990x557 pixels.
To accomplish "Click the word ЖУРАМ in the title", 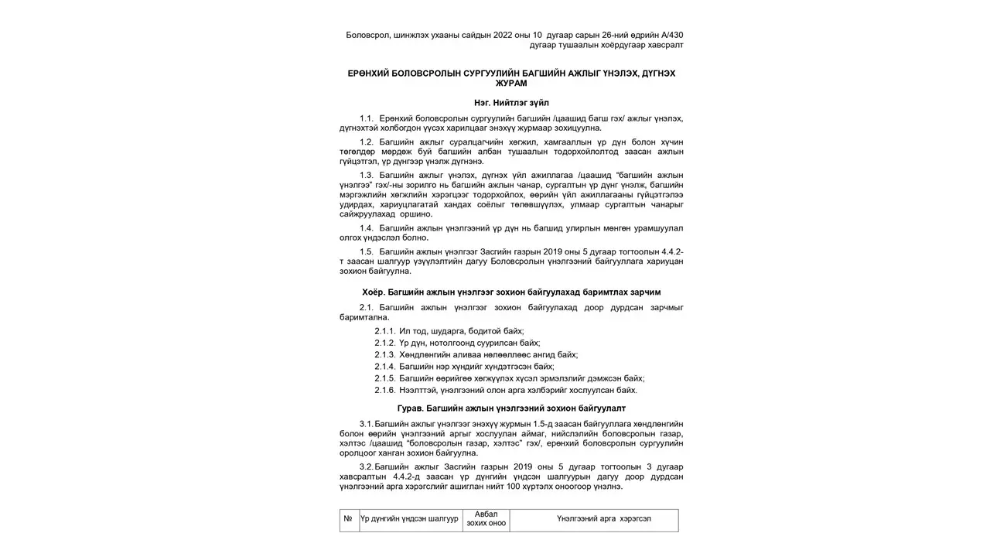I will (x=511, y=83).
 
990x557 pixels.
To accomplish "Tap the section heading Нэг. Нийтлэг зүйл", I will (x=511, y=102).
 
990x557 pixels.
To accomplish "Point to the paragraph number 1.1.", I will (x=367, y=118).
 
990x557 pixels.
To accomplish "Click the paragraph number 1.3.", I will (x=367, y=175).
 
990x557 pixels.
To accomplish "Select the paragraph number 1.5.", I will (x=367, y=251).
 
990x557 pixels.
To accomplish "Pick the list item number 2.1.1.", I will (x=384, y=331).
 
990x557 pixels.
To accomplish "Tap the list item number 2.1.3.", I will (x=384, y=354).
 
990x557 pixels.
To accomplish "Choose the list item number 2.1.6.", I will (x=384, y=390).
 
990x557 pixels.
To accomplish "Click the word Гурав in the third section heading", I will (x=410, y=408).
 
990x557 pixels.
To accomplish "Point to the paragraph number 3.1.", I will (x=366, y=424).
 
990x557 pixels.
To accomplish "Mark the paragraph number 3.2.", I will (x=366, y=466).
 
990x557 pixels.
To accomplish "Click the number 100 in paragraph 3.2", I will (x=514, y=487).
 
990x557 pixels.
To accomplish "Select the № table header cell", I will (x=348, y=519).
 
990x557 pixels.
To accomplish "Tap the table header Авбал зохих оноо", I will (x=486, y=519).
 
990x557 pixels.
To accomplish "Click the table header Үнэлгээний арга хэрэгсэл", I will (x=593, y=519).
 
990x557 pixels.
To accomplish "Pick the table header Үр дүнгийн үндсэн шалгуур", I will (x=410, y=519).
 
